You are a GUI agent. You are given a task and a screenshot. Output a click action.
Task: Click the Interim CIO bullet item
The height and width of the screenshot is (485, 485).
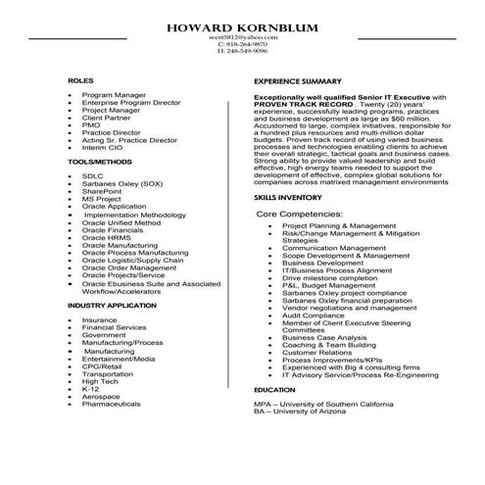coord(102,146)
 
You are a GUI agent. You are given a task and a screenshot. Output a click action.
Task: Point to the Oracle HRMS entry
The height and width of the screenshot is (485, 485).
coord(107,236)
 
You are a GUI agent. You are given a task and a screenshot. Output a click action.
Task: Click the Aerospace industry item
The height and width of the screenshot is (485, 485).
coord(101,396)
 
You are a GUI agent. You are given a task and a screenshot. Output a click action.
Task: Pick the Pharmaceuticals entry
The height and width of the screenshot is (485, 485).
coord(112,404)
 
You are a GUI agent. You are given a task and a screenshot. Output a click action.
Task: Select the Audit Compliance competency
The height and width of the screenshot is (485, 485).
coord(314,315)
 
